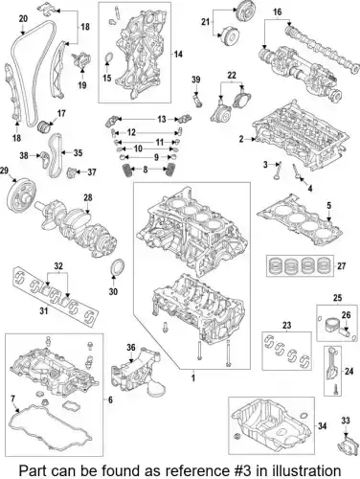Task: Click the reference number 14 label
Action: pyautogui.click(x=178, y=55)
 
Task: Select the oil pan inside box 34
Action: pyautogui.click(x=271, y=422)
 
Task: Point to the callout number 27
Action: pyautogui.click(x=341, y=265)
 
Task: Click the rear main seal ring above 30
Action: pyautogui.click(x=117, y=267)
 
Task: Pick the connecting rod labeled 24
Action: pyautogui.click(x=332, y=366)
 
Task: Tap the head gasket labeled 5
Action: pyautogui.click(x=300, y=220)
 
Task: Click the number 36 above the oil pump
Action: pyautogui.click(x=131, y=347)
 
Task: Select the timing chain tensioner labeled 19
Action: pyautogui.click(x=82, y=59)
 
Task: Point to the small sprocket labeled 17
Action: pyautogui.click(x=44, y=127)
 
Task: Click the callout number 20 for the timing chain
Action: pyautogui.click(x=23, y=19)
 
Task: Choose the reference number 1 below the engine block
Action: pyautogui.click(x=192, y=378)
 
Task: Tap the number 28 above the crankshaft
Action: pyautogui.click(x=88, y=197)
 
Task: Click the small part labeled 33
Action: pyautogui.click(x=347, y=445)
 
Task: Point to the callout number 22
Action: pyautogui.click(x=232, y=76)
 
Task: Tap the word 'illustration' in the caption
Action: pyautogui.click(x=303, y=470)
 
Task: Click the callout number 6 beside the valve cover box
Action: pyautogui.click(x=110, y=399)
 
